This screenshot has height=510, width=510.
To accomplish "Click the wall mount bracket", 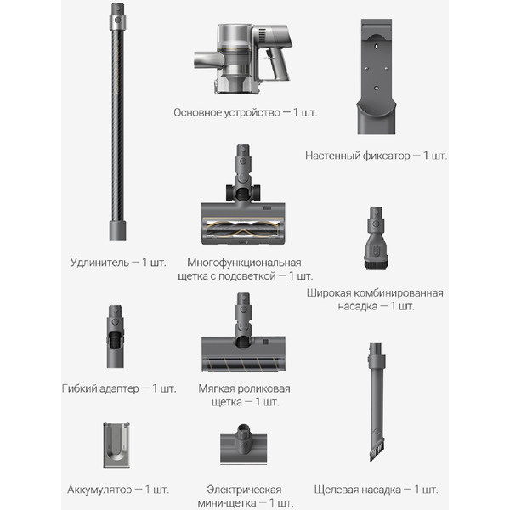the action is pyautogui.click(x=377, y=76).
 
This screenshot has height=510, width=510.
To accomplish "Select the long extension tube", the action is pyautogui.click(x=118, y=122).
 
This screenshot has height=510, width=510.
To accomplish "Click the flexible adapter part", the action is pyautogui.click(x=115, y=337).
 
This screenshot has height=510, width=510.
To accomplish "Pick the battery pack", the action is pyautogui.click(x=116, y=445).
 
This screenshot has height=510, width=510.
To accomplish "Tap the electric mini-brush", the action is pyautogui.click(x=244, y=444).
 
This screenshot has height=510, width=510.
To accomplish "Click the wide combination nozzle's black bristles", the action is pyautogui.click(x=376, y=265).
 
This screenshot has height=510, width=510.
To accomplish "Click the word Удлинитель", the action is pyautogui.click(x=99, y=263).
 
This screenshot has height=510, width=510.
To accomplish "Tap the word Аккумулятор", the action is pyautogui.click(x=99, y=490).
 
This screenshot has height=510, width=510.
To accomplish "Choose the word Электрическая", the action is pyautogui.click(x=244, y=490).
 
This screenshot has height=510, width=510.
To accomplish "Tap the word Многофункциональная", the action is pyautogui.click(x=244, y=263).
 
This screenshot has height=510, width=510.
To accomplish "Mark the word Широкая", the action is pyautogui.click(x=329, y=292).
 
